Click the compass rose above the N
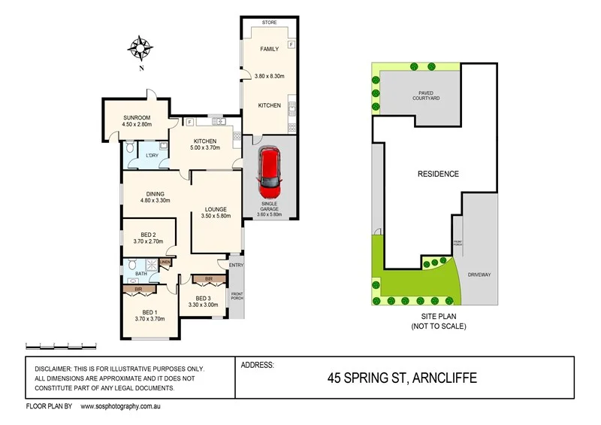pos(140,48)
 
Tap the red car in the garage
pos(270,168)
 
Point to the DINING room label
pos(156,193)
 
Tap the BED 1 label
pos(149,311)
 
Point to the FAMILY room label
pos(268,49)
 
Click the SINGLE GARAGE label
pos(269,208)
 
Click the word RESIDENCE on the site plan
pos(438,174)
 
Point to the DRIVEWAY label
pos(479,275)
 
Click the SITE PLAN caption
pos(439,317)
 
